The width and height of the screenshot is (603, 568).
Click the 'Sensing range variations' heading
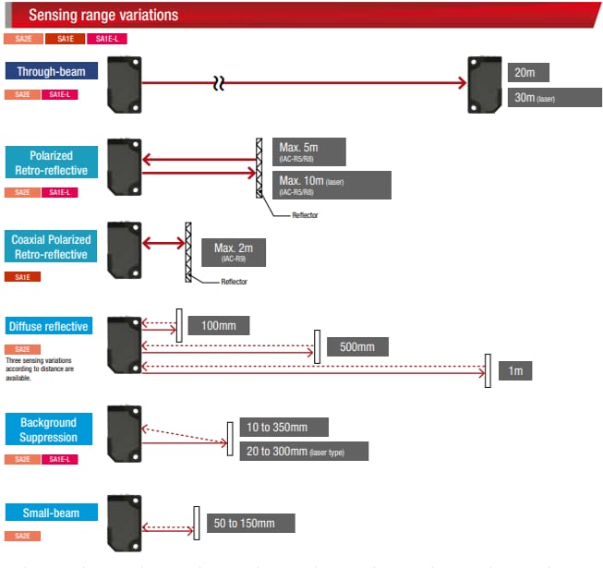(103, 15)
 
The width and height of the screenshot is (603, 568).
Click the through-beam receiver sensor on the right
(484, 83)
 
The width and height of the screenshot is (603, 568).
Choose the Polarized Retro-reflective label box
(50, 163)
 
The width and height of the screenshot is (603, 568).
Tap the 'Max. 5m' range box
(309, 151)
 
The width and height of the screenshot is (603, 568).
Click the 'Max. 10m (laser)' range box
(332, 185)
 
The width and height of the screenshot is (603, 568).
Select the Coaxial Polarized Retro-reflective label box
(50, 248)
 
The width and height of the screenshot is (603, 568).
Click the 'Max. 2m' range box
(239, 251)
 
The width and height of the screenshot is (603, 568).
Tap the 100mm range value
(218, 325)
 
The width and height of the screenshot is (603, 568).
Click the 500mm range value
(356, 347)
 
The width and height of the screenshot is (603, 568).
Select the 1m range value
(515, 370)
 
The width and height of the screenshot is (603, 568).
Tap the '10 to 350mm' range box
(283, 428)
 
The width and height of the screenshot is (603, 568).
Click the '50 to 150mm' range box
(249, 524)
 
